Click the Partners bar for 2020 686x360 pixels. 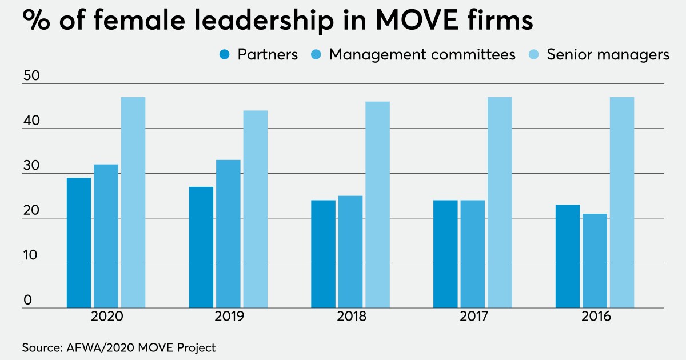click(79, 243)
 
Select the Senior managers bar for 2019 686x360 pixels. click(256, 209)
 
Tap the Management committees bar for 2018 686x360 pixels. click(350, 252)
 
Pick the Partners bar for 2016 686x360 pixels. click(568, 257)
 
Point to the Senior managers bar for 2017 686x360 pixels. click(500, 203)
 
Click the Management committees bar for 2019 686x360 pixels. click(228, 234)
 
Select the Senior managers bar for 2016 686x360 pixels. click(622, 203)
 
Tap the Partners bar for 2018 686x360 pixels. click(323, 254)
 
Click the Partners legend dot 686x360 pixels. click(225, 55)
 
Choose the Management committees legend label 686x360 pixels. click(422, 55)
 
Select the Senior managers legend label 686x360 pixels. click(608, 55)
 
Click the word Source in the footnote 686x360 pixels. click(41, 347)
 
